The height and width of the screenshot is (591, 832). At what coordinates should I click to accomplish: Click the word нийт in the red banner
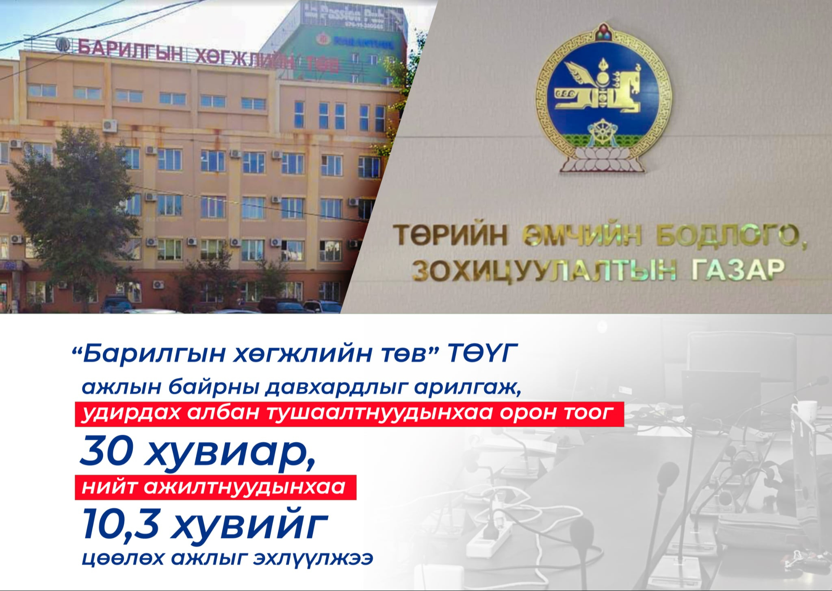click(x=108, y=487)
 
